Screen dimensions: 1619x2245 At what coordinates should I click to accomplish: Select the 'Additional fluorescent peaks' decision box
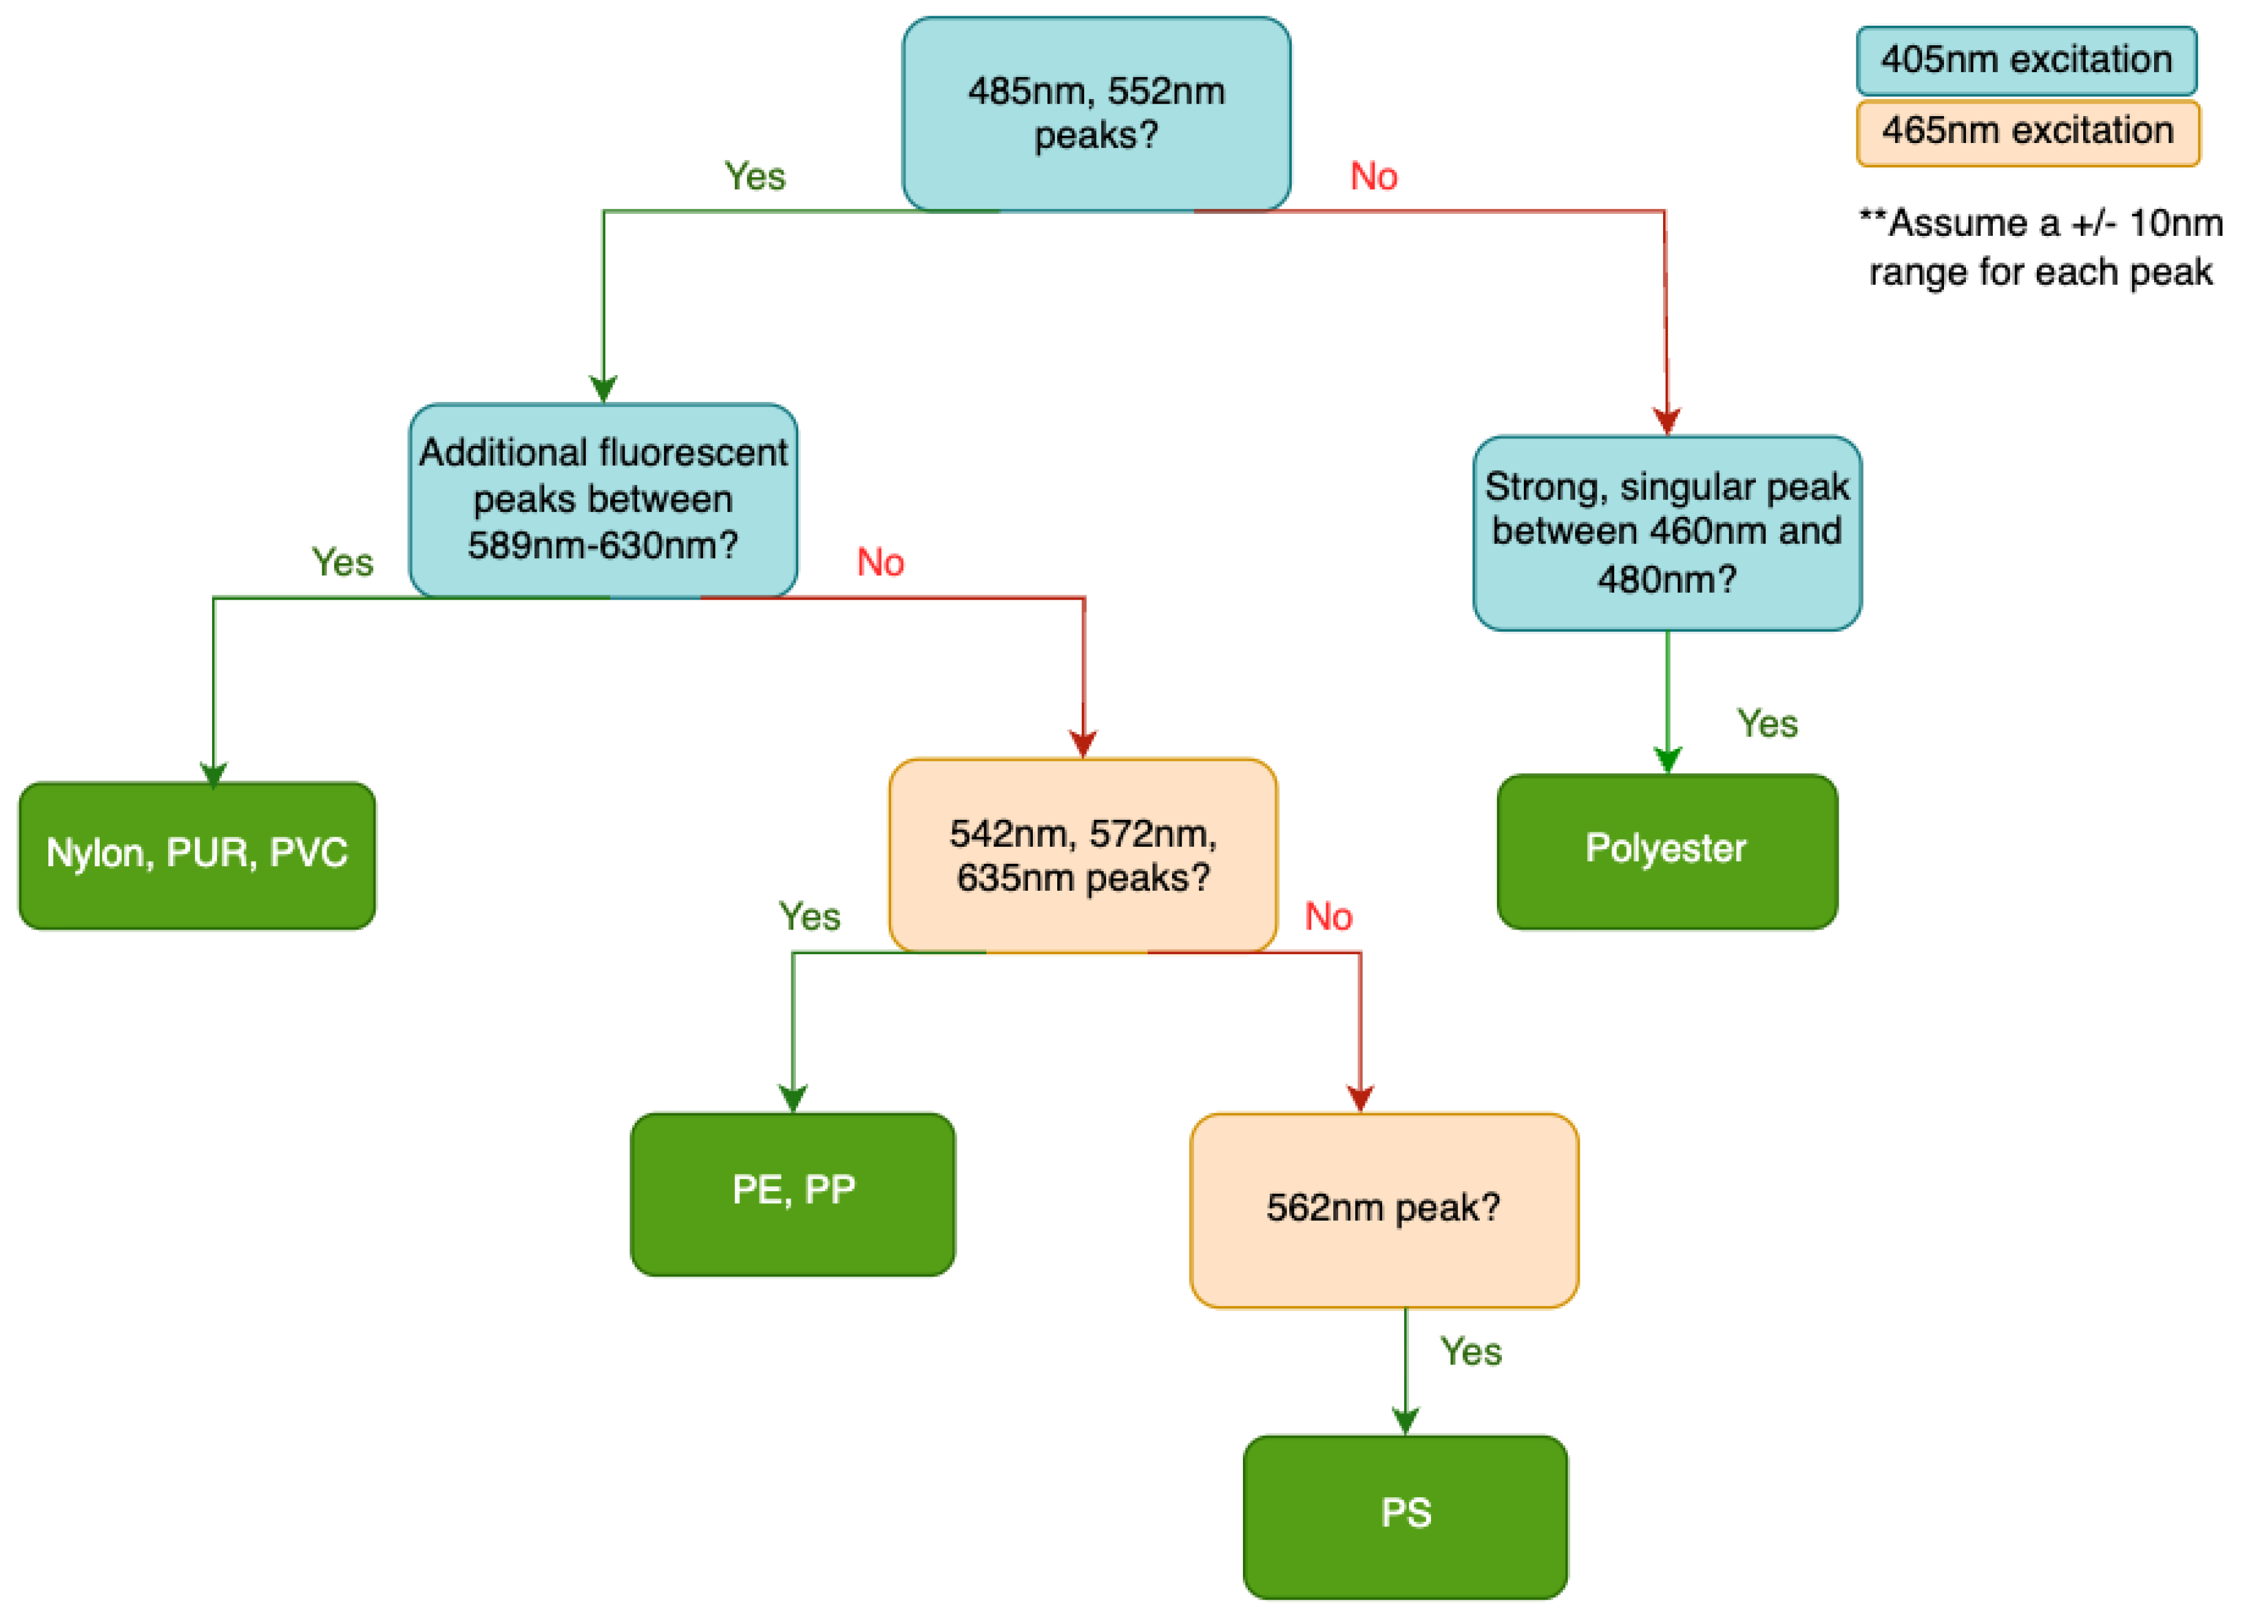(603, 500)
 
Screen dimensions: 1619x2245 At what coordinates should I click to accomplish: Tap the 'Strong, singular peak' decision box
(1666, 533)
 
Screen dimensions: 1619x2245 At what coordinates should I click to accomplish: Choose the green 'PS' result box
(1405, 1516)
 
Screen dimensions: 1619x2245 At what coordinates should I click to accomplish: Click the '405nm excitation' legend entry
(2026, 60)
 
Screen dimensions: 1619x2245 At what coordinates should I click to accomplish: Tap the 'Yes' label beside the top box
(754, 176)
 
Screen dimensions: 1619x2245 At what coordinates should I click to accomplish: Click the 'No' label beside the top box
(1373, 176)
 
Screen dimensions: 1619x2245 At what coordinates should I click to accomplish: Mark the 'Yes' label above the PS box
(1470, 1352)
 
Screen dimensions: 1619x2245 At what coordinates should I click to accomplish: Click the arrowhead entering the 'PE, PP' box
(792, 1099)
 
